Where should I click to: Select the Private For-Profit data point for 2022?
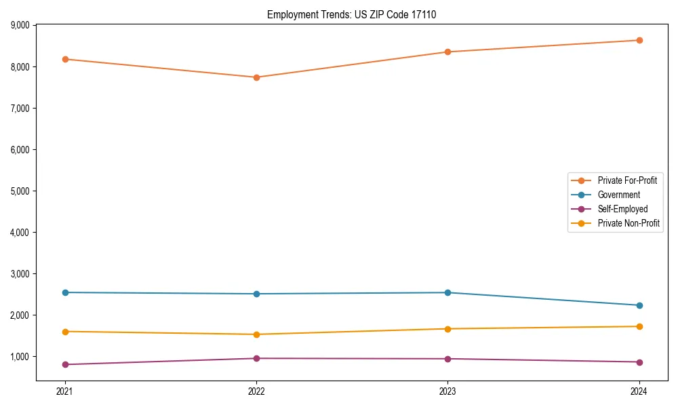(256, 77)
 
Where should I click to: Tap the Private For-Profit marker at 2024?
(639, 40)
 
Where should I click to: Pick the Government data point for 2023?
(447, 292)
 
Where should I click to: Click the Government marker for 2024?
(639, 305)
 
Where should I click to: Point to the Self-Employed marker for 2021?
(65, 364)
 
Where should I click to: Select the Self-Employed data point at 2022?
(256, 358)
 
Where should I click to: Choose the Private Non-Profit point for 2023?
(447, 329)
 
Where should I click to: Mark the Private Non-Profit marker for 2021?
(65, 332)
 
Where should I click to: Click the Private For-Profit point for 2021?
(65, 59)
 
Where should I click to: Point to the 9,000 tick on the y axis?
(20, 26)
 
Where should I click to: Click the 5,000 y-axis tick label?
(20, 191)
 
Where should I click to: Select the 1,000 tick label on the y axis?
(20, 357)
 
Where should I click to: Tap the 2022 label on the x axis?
(256, 391)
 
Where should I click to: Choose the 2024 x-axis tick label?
(639, 391)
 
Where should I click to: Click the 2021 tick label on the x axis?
(65, 391)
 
